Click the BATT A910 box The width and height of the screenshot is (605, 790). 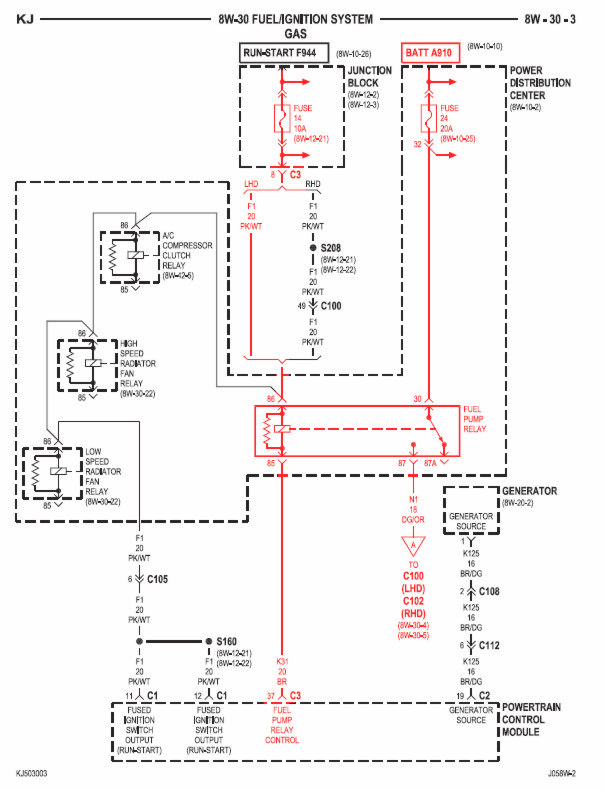click(430, 52)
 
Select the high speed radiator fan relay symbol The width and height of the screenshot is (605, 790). click(91, 366)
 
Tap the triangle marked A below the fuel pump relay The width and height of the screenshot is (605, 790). click(409, 547)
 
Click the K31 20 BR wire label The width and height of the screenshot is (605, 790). click(284, 671)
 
